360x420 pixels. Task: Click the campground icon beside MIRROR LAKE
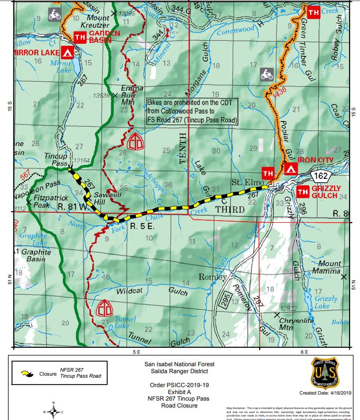pos(68,52)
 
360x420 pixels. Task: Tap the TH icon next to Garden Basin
pos(79,37)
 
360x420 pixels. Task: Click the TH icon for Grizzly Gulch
pos(302,192)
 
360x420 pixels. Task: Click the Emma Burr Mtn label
pos(132,95)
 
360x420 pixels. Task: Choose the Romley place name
pos(212,277)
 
